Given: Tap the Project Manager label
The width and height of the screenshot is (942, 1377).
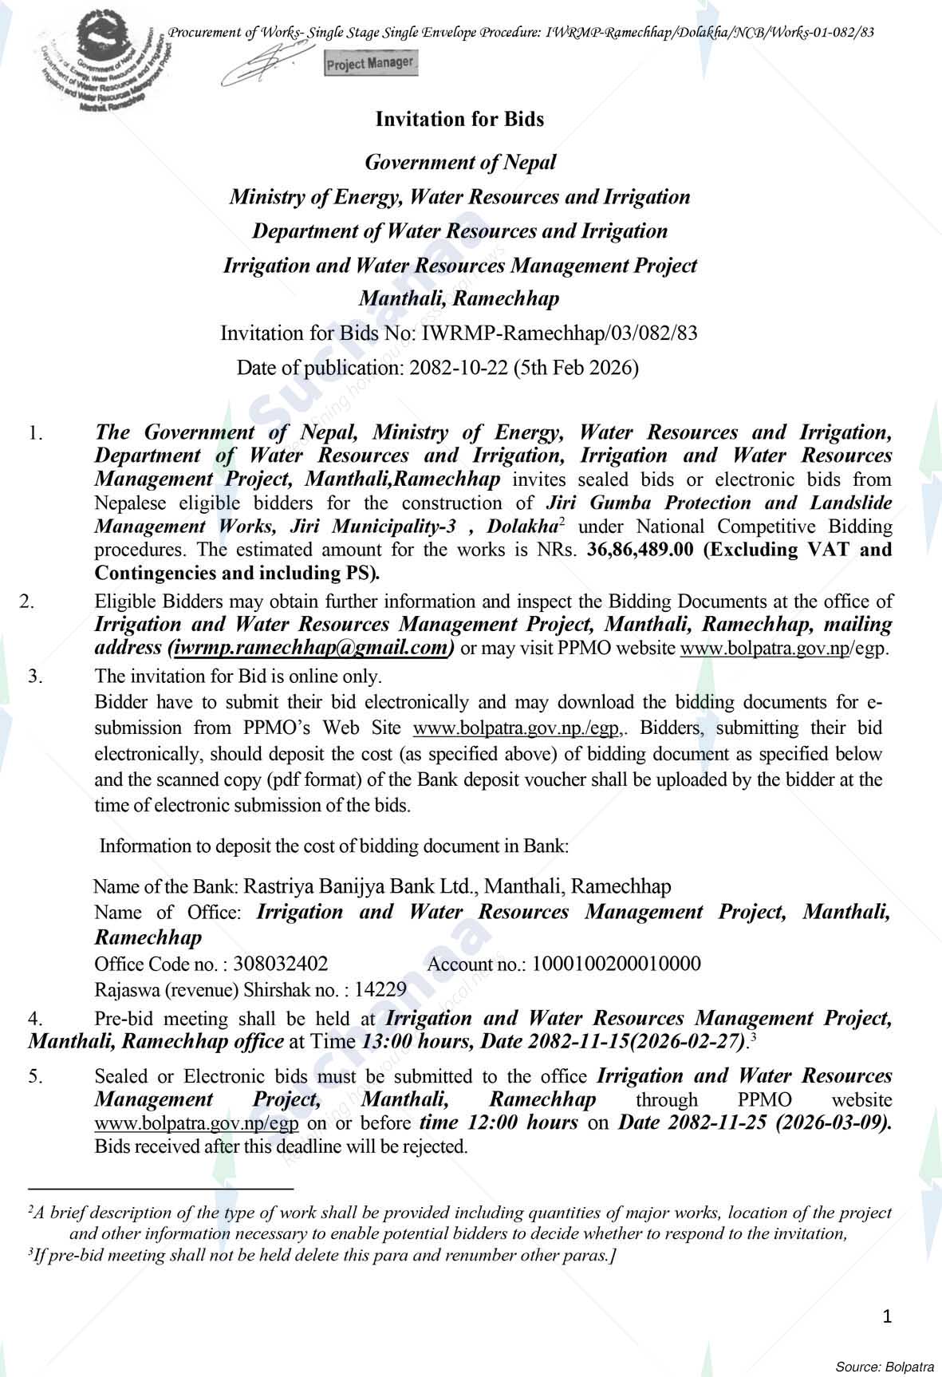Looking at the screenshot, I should pyautogui.click(x=371, y=63).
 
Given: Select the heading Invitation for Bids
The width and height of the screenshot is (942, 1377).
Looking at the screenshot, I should pyautogui.click(x=459, y=120).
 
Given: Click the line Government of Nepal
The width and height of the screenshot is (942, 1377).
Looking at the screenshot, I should pyautogui.click(x=459, y=163).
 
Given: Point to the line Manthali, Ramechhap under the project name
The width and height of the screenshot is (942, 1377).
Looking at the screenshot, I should pyautogui.click(x=459, y=299).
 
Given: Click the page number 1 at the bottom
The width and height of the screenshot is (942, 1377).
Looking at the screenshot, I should pyautogui.click(x=887, y=1316).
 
